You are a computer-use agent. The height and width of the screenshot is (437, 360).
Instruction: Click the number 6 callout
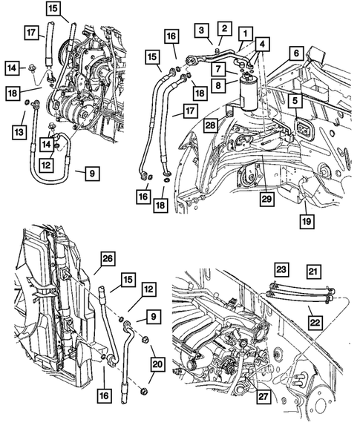(x=295, y=53)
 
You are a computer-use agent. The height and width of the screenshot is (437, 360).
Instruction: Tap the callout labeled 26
(x=108, y=259)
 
